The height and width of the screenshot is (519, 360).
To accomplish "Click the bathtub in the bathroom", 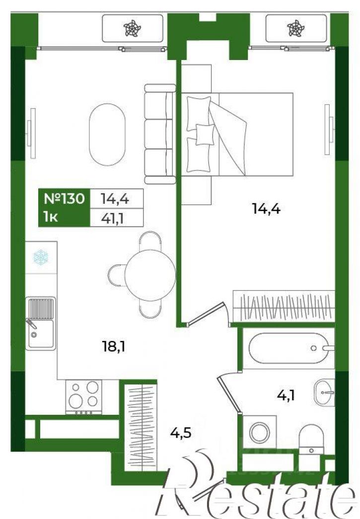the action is click(288, 348).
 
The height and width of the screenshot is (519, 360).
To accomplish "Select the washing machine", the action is click(260, 432).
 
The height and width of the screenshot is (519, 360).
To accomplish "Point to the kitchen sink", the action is click(41, 322).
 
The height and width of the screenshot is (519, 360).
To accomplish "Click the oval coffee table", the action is click(107, 134).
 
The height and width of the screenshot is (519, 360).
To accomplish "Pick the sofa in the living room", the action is click(160, 134).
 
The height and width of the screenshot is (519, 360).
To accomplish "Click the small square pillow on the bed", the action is click(204, 134).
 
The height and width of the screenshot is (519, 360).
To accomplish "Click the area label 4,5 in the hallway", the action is click(181, 433).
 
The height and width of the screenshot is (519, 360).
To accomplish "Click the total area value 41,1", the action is click(112, 218).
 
